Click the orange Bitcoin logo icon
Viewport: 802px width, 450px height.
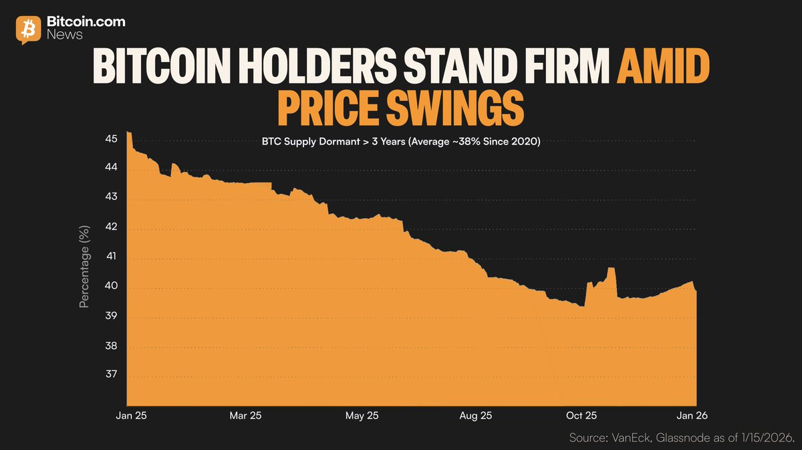pos(28,29)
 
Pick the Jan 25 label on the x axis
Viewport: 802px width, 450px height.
pos(132,415)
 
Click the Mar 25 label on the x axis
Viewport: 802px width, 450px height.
pos(246,415)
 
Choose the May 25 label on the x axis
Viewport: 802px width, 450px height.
pos(361,415)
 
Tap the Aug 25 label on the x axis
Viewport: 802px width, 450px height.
pos(477,415)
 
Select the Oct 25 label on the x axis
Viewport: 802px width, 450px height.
pos(581,415)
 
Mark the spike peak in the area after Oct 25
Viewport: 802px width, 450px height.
pos(611,269)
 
